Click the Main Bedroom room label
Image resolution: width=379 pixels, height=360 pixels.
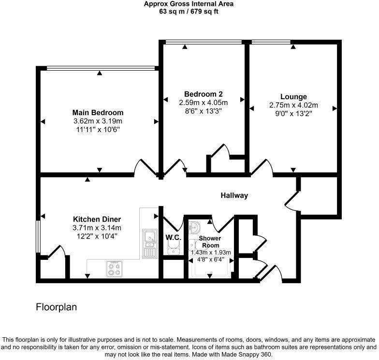pos(98,113)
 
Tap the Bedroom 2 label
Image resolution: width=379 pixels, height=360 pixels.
pos(203,94)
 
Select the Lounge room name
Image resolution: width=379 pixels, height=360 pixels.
pos(293,97)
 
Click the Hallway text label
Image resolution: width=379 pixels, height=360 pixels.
pos(234,195)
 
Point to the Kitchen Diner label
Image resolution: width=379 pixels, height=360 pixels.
pos(97,219)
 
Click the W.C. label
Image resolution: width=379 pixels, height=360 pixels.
pos(173,238)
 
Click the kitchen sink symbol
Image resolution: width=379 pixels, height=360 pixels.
pos(149,242)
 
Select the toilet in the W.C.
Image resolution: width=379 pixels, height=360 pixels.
pos(172,248)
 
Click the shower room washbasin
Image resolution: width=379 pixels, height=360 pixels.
pos(195,228)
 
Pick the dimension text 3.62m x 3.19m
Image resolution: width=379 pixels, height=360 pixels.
pos(98,121)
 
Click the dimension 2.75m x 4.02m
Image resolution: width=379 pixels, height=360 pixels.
pos(293,105)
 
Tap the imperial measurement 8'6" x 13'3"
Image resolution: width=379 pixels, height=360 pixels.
pos(203,111)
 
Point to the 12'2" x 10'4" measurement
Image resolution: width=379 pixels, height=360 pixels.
pos(97,236)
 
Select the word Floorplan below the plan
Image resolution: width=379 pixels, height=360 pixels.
pos(57,307)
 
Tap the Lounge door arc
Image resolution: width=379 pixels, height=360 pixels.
pos(264,166)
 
